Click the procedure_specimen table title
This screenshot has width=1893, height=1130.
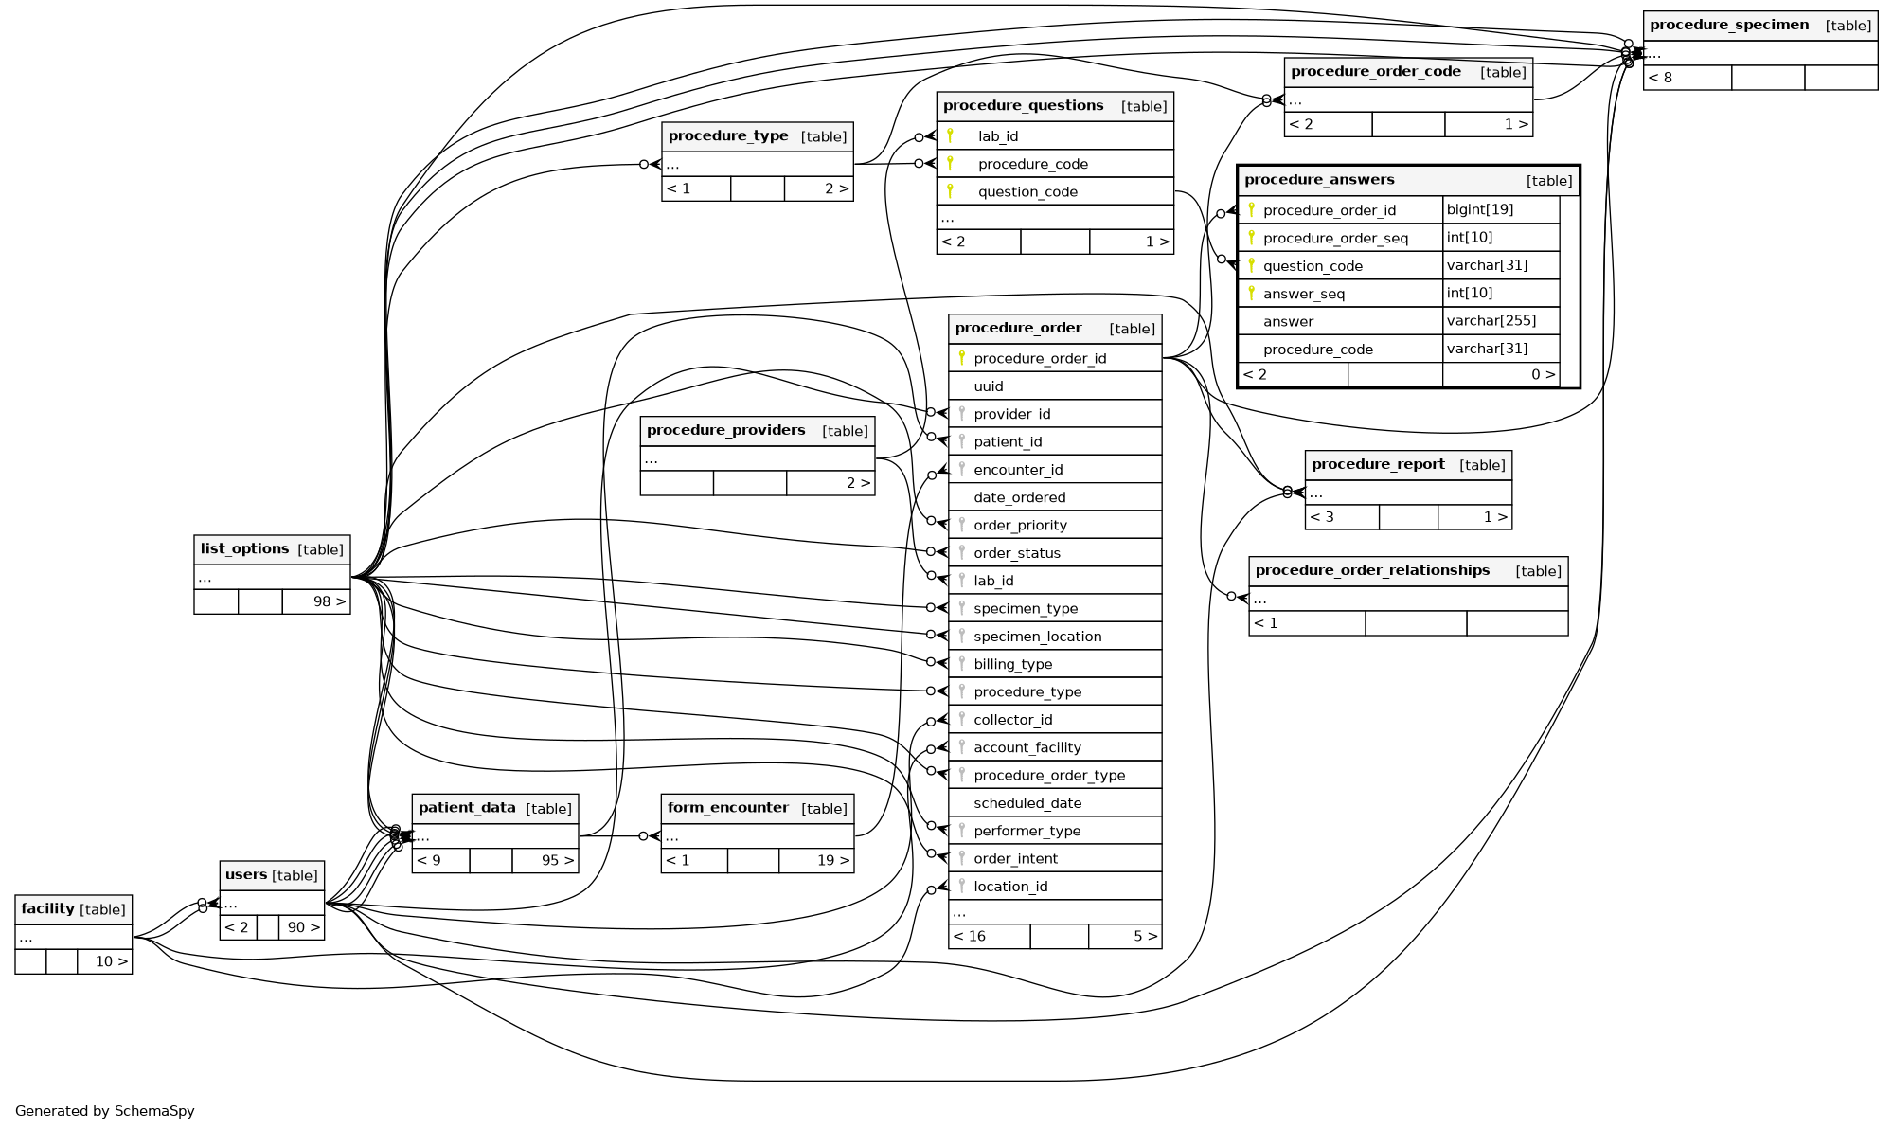coord(1728,26)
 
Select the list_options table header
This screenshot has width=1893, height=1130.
coord(244,549)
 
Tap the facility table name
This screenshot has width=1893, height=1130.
coord(47,909)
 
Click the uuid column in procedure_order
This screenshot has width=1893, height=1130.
coord(989,386)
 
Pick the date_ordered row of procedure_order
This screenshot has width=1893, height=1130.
coord(1019,497)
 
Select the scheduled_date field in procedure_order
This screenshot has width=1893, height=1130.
coord(1027,803)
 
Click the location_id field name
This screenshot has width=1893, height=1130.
coord(1010,887)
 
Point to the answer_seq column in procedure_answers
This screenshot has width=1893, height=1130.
coord(1303,294)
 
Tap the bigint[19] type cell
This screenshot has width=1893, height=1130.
coord(1479,209)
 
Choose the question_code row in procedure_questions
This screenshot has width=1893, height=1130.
coord(1027,192)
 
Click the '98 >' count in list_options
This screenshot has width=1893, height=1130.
coord(329,601)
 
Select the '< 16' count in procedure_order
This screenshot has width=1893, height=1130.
coord(970,936)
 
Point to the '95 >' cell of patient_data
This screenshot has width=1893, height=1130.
coord(557,860)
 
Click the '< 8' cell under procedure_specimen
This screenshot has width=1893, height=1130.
coord(1660,78)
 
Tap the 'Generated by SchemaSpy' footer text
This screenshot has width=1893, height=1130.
coord(105,1111)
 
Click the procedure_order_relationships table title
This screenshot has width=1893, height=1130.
coord(1372,570)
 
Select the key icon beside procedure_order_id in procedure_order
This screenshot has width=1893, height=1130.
coord(961,358)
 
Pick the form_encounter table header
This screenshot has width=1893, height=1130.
coord(727,808)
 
